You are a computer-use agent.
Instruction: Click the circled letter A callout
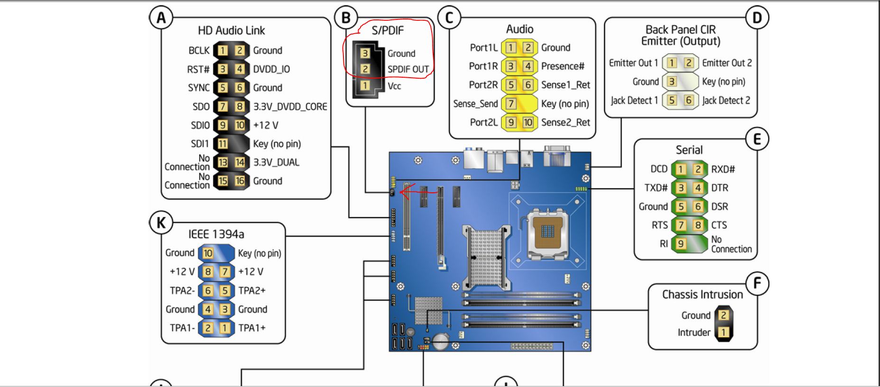[161, 18]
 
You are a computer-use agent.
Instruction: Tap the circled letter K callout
[161, 223]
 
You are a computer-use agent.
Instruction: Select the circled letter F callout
[757, 283]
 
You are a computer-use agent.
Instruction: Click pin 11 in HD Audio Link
[222, 144]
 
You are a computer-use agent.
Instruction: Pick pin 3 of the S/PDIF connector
[365, 53]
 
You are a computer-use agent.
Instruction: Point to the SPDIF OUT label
[408, 69]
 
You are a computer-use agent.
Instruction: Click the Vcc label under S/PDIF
[394, 86]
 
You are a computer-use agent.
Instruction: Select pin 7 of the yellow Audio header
[510, 103]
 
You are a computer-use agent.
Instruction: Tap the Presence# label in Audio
[563, 66]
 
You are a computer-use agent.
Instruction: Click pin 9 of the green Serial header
[681, 243]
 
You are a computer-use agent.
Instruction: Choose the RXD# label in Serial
[723, 169]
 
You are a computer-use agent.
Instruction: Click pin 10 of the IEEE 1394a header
[208, 253]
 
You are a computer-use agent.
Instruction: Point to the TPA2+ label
[252, 290]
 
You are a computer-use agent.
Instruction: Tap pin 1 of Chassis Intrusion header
[723, 333]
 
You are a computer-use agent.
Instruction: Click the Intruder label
[694, 333]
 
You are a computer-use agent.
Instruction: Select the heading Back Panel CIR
[681, 29]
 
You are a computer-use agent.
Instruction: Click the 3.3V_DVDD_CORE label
[290, 107]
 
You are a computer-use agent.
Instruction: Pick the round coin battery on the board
[441, 341]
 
